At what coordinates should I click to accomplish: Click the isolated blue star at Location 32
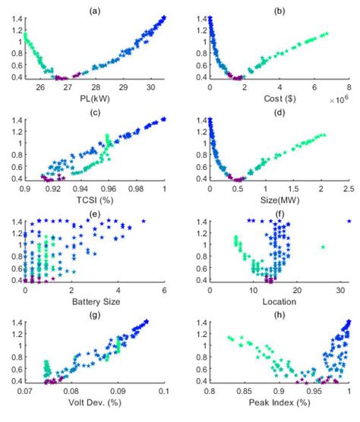pos(349,221)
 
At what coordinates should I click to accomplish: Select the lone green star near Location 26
pos(324,247)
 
